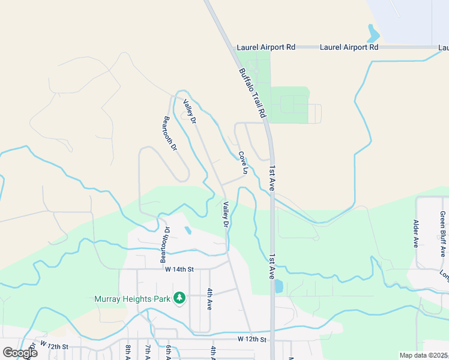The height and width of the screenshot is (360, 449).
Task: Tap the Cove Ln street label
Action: point(243,163)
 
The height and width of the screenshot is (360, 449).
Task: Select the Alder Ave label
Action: point(415,233)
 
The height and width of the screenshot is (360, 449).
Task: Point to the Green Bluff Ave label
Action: point(443,233)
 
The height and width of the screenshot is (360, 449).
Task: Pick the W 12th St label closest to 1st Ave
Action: point(252,339)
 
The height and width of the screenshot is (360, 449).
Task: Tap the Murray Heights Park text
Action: point(132,298)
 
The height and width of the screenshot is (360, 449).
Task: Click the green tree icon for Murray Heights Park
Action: point(179,298)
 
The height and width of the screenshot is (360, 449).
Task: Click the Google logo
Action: point(20,353)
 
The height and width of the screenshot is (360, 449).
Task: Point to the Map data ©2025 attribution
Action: point(423,355)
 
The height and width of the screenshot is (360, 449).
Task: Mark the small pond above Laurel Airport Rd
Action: point(373,31)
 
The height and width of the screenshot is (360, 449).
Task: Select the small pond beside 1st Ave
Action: point(279,286)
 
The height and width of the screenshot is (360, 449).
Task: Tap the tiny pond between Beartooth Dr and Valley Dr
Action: point(188,230)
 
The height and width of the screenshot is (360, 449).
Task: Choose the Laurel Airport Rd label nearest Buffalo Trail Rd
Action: point(267,47)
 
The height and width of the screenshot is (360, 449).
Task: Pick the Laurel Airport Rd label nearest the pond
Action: point(349,47)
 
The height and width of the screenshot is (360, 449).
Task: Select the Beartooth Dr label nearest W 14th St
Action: point(163,245)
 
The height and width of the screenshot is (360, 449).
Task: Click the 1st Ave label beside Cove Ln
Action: point(272,178)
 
